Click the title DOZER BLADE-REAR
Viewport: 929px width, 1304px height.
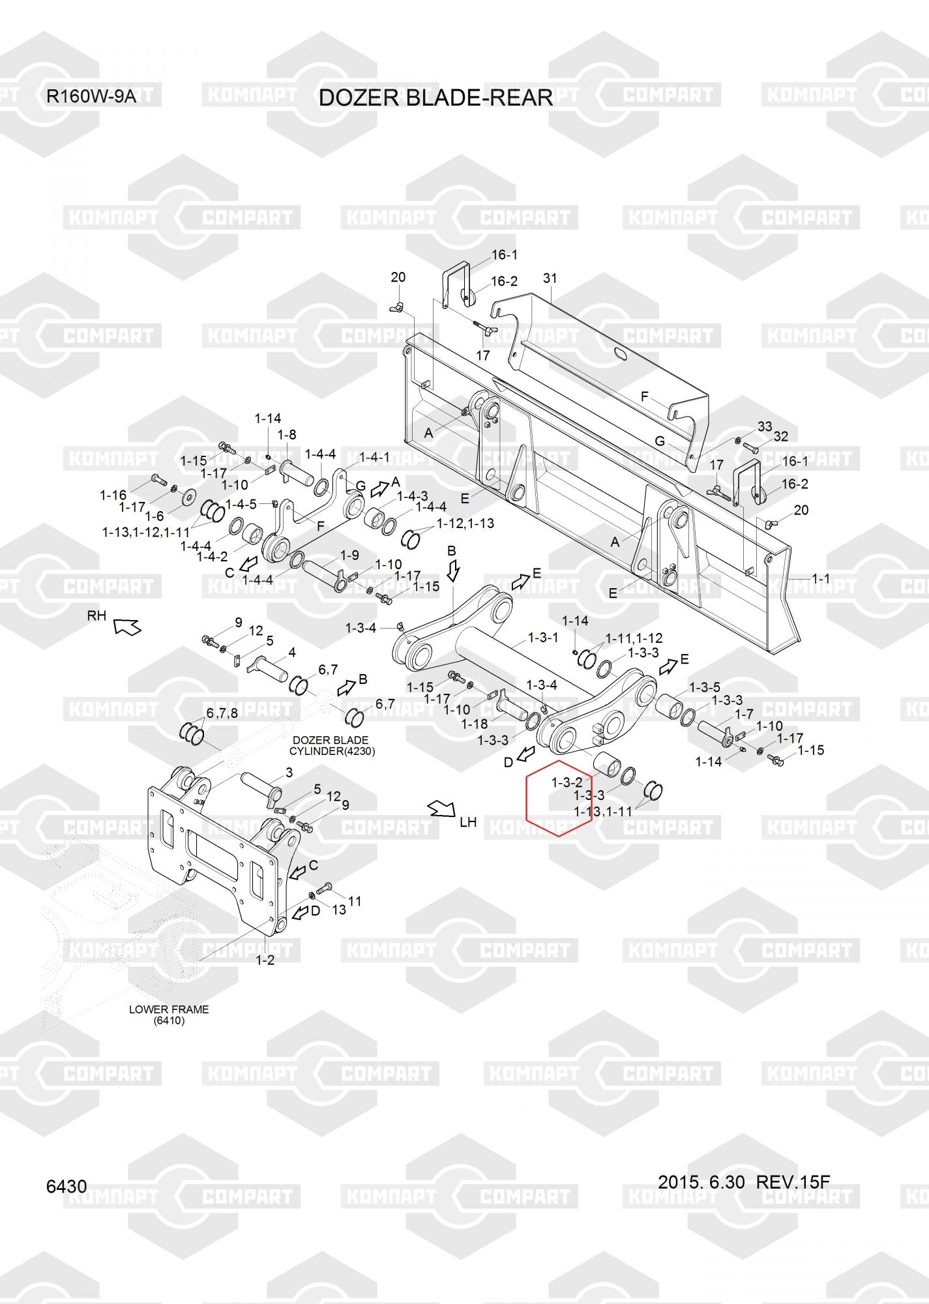(435, 98)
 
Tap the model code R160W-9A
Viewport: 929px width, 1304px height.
(91, 97)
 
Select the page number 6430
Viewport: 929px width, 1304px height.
(66, 1186)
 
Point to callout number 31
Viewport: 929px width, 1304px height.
(550, 278)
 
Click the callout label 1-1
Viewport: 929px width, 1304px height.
(821, 578)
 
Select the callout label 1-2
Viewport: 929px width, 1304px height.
(265, 960)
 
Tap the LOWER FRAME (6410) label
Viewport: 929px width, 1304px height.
(169, 1015)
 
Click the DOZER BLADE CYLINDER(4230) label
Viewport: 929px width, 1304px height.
(332, 745)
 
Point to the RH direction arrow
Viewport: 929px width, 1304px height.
(127, 627)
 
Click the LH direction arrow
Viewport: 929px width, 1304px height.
(442, 808)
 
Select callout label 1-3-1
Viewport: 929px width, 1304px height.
(542, 638)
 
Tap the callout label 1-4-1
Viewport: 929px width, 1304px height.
(374, 457)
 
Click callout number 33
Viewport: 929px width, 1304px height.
(765, 426)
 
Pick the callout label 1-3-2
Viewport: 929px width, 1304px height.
(567, 782)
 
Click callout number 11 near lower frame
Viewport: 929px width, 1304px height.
(355, 901)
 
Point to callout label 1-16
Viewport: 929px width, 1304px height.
(113, 496)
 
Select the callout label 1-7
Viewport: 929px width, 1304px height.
(745, 715)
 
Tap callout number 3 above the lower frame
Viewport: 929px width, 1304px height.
(289, 773)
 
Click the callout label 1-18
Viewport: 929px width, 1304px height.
(474, 724)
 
